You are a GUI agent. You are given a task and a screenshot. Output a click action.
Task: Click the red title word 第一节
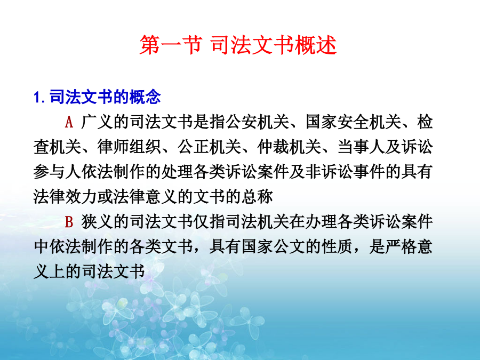(171, 45)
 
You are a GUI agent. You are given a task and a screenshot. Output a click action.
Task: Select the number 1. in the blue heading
(40, 98)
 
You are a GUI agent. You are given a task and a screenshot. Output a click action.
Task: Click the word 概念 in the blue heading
(145, 97)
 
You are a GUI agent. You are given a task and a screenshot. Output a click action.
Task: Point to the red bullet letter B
(69, 222)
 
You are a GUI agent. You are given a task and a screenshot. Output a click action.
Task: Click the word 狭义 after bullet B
(97, 222)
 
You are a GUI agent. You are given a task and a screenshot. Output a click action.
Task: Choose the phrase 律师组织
(129, 147)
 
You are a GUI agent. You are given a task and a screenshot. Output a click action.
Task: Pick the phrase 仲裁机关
(289, 147)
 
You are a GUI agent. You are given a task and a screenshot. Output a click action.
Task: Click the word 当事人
(361, 147)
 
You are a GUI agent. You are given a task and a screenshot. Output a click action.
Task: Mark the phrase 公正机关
(209, 147)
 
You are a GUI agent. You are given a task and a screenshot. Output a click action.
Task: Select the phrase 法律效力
(65, 196)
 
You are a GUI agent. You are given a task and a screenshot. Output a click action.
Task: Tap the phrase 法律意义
(145, 196)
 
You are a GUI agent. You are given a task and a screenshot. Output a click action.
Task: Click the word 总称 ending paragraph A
(257, 196)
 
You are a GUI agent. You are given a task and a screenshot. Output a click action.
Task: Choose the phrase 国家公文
(273, 247)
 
